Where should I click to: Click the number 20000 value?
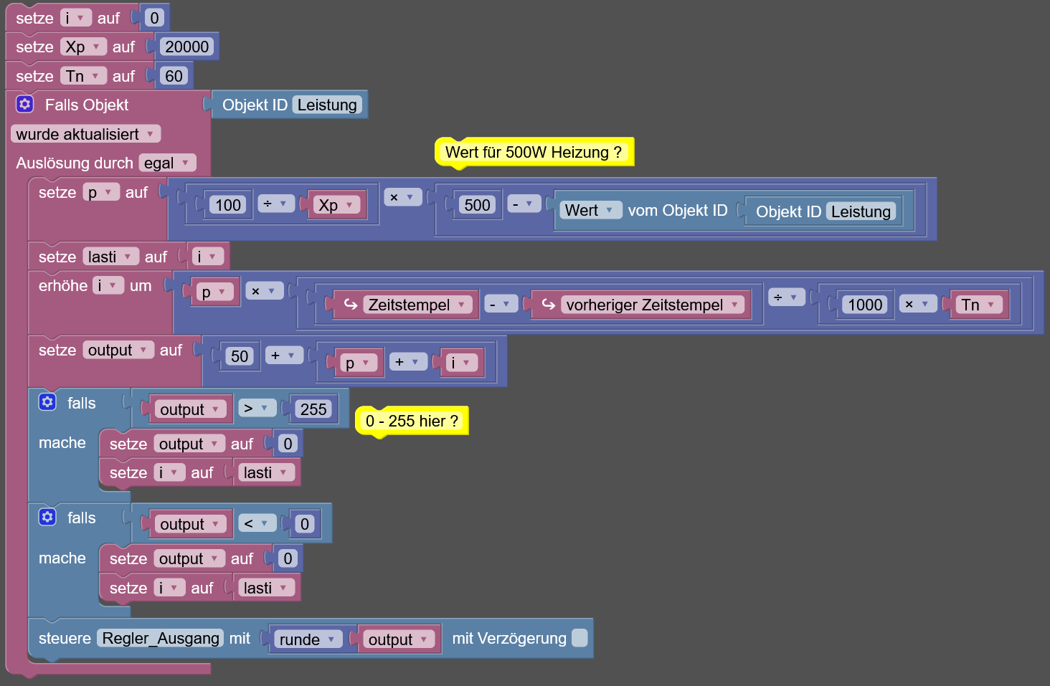186,47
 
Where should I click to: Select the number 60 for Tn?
174,76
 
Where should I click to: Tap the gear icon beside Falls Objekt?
25,104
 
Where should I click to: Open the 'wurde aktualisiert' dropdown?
85,134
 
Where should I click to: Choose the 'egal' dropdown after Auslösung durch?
167,163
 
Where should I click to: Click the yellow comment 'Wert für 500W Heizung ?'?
534,152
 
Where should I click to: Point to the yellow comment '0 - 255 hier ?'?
412,421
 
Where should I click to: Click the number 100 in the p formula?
228,205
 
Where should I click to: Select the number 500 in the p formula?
477,205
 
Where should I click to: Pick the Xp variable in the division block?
336,205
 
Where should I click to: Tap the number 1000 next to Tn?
865,305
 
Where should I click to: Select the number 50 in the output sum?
240,356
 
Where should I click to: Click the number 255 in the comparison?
313,409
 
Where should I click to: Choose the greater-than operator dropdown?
257,409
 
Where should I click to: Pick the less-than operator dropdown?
257,523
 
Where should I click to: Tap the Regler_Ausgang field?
161,638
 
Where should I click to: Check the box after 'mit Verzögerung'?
580,638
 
